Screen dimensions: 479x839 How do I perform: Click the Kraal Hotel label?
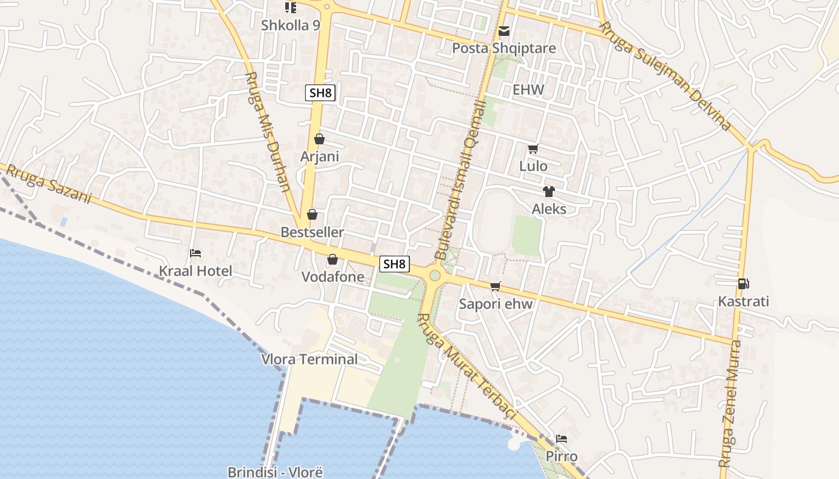(x=195, y=271)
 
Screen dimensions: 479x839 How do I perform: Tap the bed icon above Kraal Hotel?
(x=195, y=253)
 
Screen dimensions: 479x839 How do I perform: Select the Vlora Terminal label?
(x=309, y=359)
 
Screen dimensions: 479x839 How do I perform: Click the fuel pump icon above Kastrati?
(x=743, y=284)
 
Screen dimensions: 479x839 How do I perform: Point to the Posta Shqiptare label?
(x=503, y=48)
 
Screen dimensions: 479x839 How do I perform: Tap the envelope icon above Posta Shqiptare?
(x=504, y=31)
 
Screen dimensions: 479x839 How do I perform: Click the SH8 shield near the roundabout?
(x=394, y=263)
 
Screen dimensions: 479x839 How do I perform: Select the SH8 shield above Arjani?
(x=320, y=93)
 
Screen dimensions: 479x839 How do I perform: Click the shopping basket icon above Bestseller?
(x=312, y=214)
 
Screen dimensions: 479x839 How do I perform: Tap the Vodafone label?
(x=333, y=277)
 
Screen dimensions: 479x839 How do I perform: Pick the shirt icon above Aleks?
(x=548, y=192)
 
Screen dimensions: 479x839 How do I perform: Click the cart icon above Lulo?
(x=533, y=149)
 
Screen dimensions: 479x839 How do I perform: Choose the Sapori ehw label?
(x=495, y=304)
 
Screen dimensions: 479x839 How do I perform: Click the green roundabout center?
(x=435, y=275)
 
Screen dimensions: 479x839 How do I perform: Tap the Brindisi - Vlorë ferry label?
(x=275, y=472)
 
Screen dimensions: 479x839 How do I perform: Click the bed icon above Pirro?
(x=561, y=439)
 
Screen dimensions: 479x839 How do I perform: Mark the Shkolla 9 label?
(x=291, y=26)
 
